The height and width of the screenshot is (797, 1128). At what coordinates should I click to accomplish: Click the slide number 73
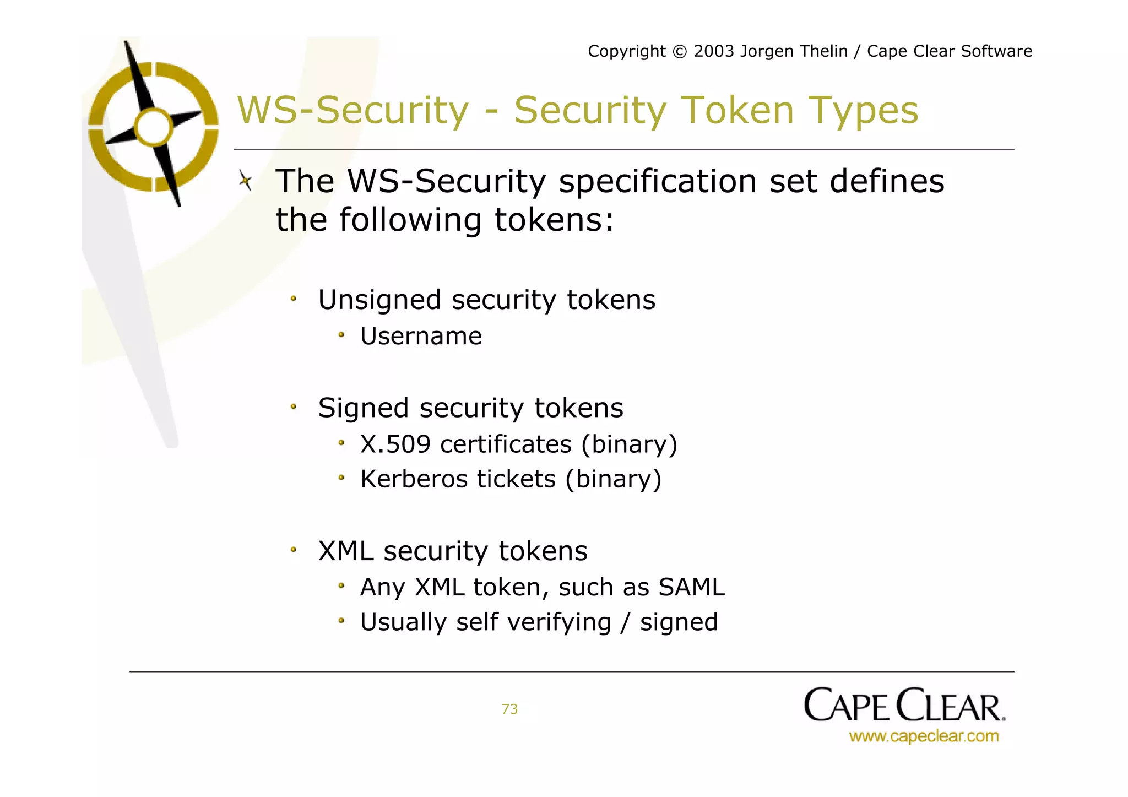[509, 709]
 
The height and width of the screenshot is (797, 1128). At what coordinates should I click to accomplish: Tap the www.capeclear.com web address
[924, 736]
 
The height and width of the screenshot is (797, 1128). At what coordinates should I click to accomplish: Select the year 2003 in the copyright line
[713, 51]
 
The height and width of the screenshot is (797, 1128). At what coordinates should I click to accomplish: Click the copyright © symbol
[680, 52]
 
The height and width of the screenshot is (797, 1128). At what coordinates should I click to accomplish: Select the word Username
[421, 336]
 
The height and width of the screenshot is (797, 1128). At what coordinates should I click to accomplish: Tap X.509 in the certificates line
[395, 444]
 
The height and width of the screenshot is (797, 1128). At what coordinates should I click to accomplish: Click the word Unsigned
[379, 301]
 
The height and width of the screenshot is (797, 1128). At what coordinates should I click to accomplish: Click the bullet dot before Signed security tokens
[294, 408]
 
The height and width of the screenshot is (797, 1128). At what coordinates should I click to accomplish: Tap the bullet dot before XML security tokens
[294, 550]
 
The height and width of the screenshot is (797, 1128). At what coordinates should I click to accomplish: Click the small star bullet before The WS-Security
[246, 180]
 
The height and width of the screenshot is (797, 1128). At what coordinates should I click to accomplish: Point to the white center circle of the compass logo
[154, 127]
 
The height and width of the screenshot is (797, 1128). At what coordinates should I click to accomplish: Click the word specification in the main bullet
[658, 182]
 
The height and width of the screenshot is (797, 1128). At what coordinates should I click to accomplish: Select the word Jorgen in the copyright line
[766, 52]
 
